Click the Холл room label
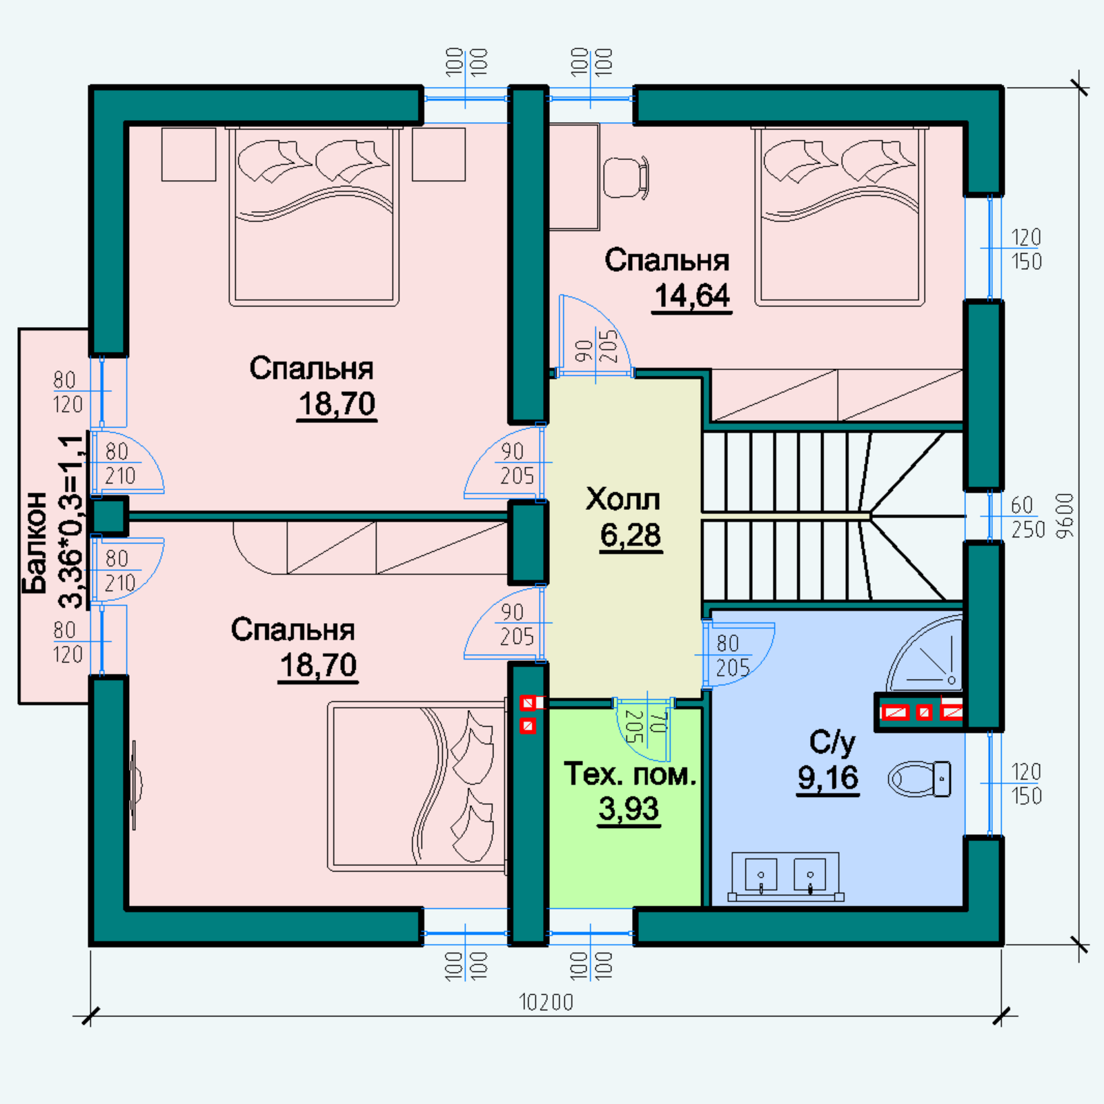[622, 499]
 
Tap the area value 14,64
[691, 297]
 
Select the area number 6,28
[631, 535]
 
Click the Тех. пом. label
[630, 774]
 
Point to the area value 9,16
[828, 778]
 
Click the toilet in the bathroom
[920, 779]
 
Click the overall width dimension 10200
[546, 1002]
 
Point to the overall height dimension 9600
[1065, 515]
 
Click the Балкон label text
[34, 543]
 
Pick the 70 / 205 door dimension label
[647, 727]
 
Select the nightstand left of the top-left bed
[189, 155]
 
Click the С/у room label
[831, 742]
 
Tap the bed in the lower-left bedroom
[417, 787]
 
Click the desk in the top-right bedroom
[574, 177]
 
